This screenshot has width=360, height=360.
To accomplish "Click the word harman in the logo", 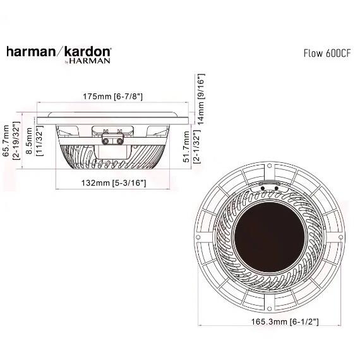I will click(x=30, y=52).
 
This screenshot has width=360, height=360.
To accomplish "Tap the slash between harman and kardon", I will click(x=59, y=52).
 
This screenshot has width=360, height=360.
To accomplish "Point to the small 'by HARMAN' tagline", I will click(x=88, y=61).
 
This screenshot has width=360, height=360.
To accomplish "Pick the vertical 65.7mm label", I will click(x=7, y=144).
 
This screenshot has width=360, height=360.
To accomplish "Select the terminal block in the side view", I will click(x=112, y=135).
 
